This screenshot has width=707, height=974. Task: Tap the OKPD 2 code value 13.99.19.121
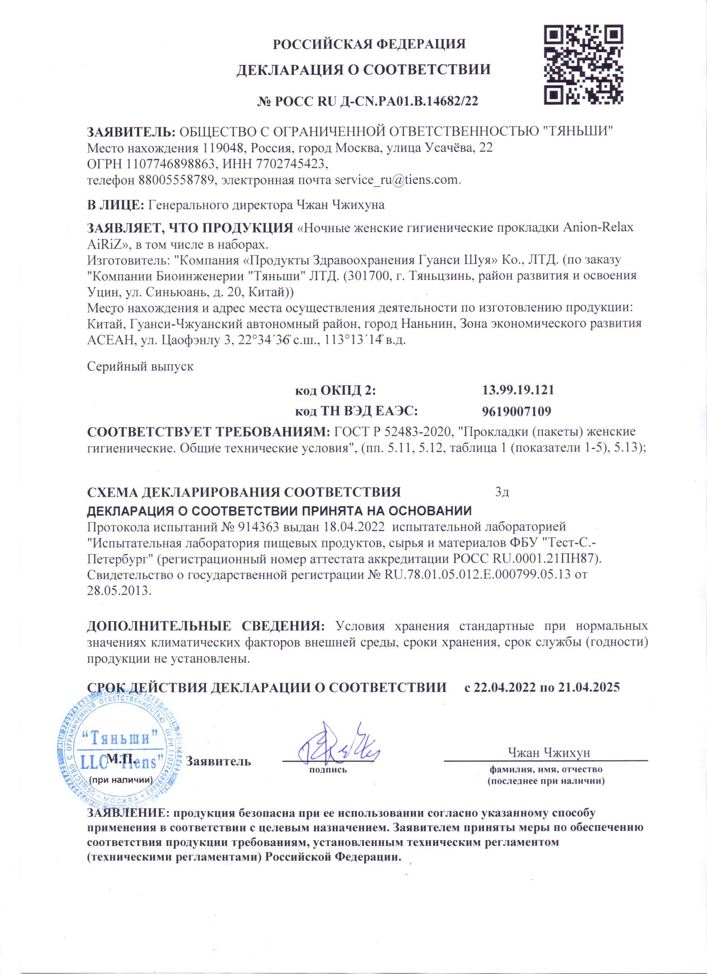(518, 390)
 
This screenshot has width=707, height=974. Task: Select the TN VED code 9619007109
(516, 411)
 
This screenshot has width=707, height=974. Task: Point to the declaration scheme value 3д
(502, 492)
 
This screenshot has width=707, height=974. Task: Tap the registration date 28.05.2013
(119, 591)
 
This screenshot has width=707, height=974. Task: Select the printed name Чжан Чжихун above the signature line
(549, 753)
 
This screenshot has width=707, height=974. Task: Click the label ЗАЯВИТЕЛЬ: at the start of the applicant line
(131, 132)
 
